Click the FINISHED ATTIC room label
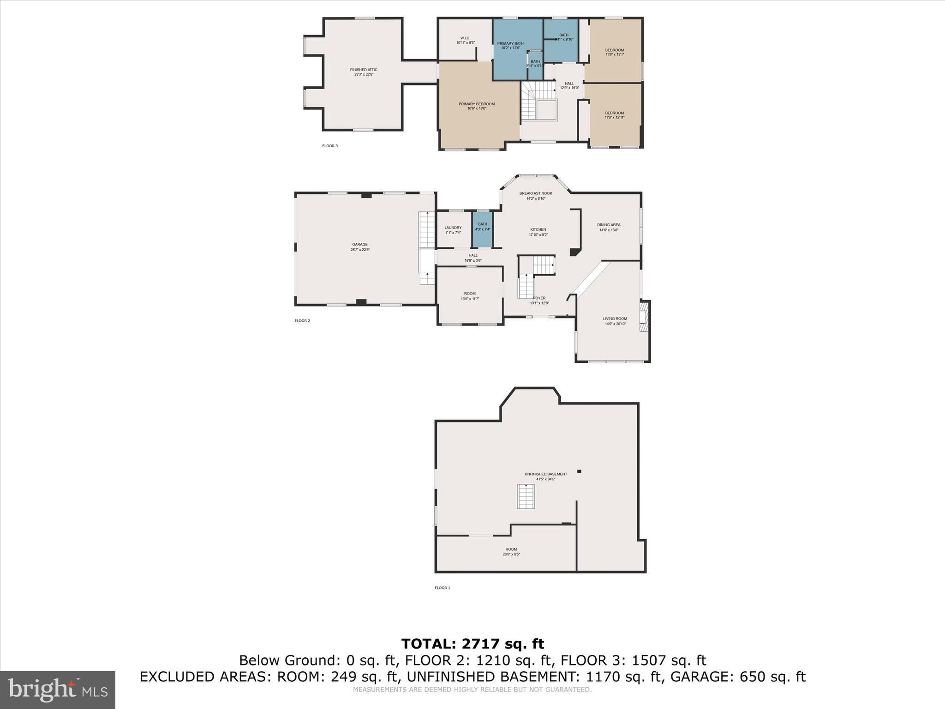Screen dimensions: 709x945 pos(363,70)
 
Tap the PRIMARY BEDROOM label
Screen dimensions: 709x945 pos(476,104)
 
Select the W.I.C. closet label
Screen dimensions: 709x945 pos(465,38)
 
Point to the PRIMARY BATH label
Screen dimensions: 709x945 pos(510,44)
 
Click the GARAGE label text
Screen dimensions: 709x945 pos(359,245)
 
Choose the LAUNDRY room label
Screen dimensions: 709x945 pos(453,228)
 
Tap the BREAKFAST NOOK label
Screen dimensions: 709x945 pos(535,193)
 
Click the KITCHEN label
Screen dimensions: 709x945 pos(538,229)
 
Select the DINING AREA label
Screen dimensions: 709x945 pos(608,225)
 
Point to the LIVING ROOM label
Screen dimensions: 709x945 pos(615,318)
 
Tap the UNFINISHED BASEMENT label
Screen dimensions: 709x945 pos(545,474)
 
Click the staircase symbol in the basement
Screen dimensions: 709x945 pos(526,496)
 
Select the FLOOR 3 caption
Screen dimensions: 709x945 pos(329,146)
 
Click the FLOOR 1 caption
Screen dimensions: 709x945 pos(442,588)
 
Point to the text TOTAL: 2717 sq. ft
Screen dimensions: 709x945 pos(472,643)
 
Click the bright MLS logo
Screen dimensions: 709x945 pos(58,690)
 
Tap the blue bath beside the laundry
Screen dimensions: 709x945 pos(482,229)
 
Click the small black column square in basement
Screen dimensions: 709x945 pos(579,471)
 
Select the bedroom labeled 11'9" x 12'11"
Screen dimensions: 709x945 pos(614,115)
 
